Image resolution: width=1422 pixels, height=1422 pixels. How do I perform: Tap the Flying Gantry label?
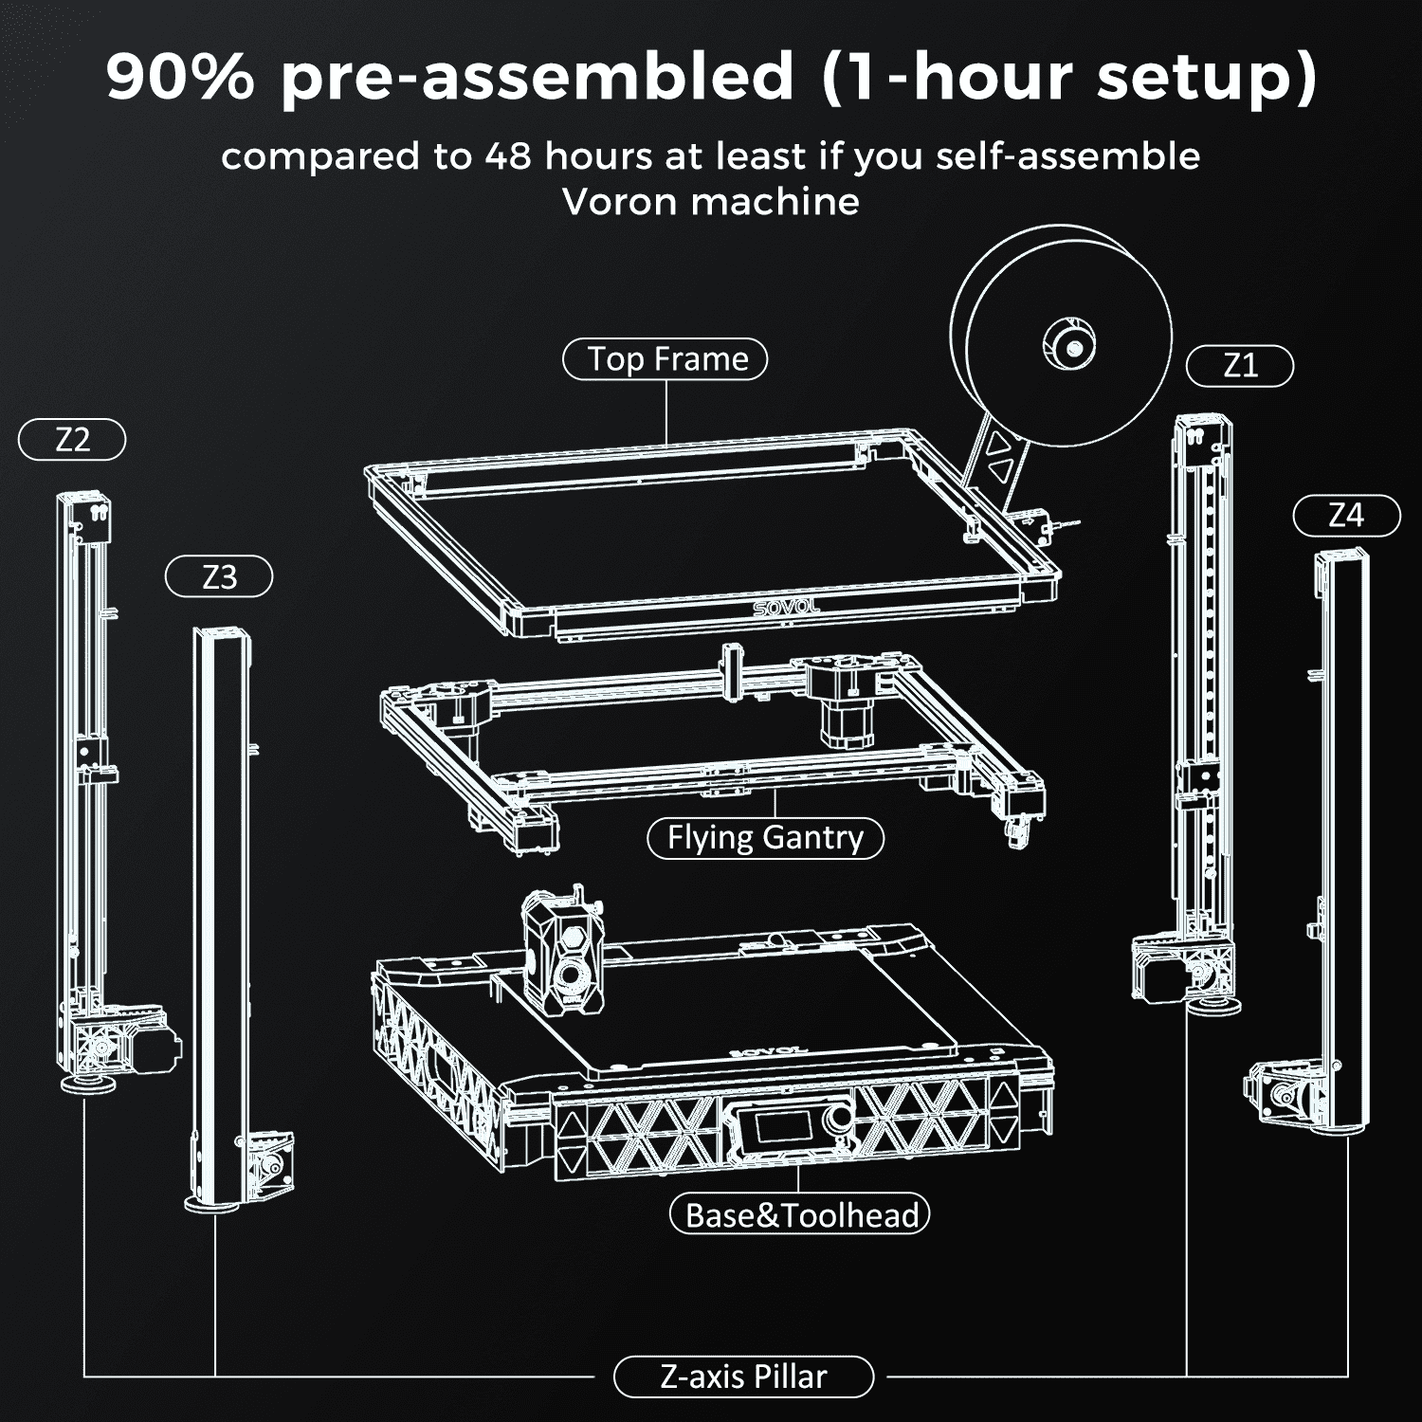(765, 838)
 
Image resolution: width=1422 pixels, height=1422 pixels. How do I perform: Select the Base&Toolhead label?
(801, 1214)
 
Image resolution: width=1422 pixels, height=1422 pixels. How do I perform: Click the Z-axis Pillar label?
(743, 1376)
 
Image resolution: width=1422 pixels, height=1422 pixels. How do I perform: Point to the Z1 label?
(1240, 366)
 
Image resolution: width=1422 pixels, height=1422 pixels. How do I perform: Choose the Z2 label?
(72, 440)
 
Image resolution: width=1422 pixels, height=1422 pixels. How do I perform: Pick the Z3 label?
(219, 577)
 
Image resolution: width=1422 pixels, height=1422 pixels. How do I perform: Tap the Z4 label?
(1346, 516)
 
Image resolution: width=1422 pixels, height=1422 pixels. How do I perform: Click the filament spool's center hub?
(1071, 345)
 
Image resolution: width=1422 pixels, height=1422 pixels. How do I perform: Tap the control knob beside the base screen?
(839, 1122)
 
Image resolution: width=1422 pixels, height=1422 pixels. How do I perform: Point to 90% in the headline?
(180, 76)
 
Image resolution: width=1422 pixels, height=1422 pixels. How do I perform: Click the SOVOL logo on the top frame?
(786, 606)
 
